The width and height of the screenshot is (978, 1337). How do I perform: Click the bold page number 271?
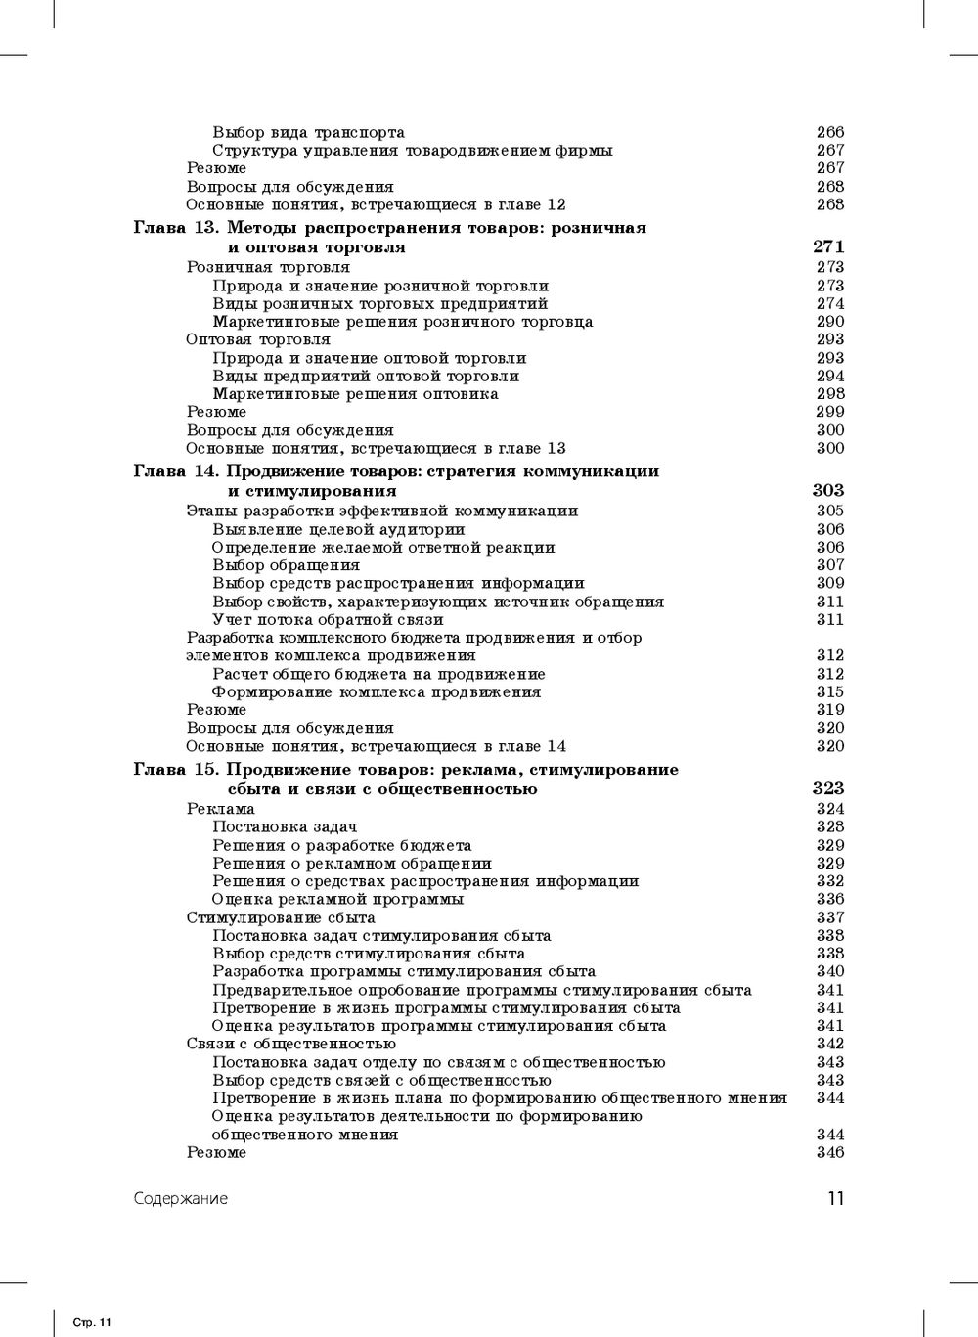pyautogui.click(x=828, y=247)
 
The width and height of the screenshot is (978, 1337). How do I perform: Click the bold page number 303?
pyautogui.click(x=828, y=491)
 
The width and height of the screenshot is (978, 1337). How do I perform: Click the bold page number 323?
pyautogui.click(x=828, y=788)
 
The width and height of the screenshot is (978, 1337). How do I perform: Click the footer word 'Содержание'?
pyautogui.click(x=181, y=1199)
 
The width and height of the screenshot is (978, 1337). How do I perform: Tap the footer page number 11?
pyautogui.click(x=835, y=1199)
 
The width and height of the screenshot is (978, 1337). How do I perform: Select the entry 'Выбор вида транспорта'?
pyautogui.click(x=308, y=132)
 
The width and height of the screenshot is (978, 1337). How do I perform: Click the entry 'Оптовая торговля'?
pyautogui.click(x=258, y=339)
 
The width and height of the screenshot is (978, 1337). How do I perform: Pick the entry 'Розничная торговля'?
pyautogui.click(x=268, y=267)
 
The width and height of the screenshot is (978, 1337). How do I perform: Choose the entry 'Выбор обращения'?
pyautogui.click(x=286, y=565)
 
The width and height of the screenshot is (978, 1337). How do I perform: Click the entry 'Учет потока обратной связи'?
pyautogui.click(x=328, y=619)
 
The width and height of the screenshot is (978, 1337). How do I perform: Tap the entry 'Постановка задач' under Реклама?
pyautogui.click(x=285, y=827)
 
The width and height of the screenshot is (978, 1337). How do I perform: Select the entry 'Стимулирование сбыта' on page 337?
pyautogui.click(x=281, y=917)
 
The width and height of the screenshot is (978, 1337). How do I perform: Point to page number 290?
pyautogui.click(x=830, y=322)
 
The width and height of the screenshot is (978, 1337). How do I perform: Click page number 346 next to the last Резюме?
pyautogui.click(x=830, y=1153)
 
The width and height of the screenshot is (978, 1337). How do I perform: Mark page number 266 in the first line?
pyautogui.click(x=830, y=132)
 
